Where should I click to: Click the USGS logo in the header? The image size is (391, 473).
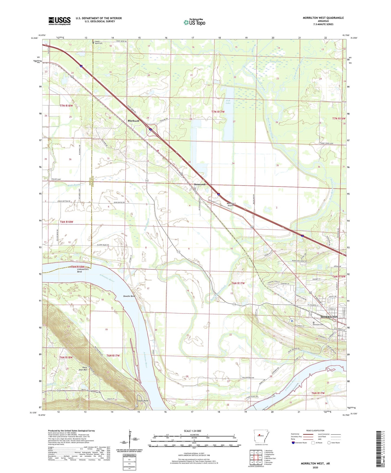point(60,21)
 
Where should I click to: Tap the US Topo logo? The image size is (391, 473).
point(194,22)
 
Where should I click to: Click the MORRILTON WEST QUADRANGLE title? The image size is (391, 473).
point(323,18)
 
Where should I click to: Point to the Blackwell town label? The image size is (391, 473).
point(133,121)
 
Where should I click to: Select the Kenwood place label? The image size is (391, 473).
point(200,184)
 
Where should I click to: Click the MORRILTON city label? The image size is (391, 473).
point(329,317)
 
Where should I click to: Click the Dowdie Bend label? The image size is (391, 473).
point(129,296)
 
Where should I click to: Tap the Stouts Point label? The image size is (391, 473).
point(143,401)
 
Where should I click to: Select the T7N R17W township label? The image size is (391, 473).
point(218,112)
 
